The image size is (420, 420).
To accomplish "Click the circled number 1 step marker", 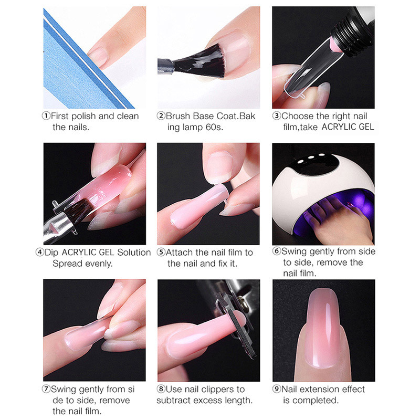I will coord(47,116).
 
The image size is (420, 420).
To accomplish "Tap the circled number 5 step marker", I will coord(162,253).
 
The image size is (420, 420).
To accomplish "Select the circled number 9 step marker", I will coord(277,389).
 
